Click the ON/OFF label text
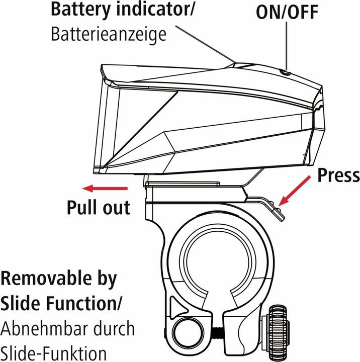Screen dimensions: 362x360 pyautogui.click(x=287, y=13)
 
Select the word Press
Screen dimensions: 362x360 pyautogui.click(x=338, y=175)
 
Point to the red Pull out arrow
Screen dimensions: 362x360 pyautogui.click(x=106, y=189)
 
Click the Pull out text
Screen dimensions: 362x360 pyautogui.click(x=99, y=207)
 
